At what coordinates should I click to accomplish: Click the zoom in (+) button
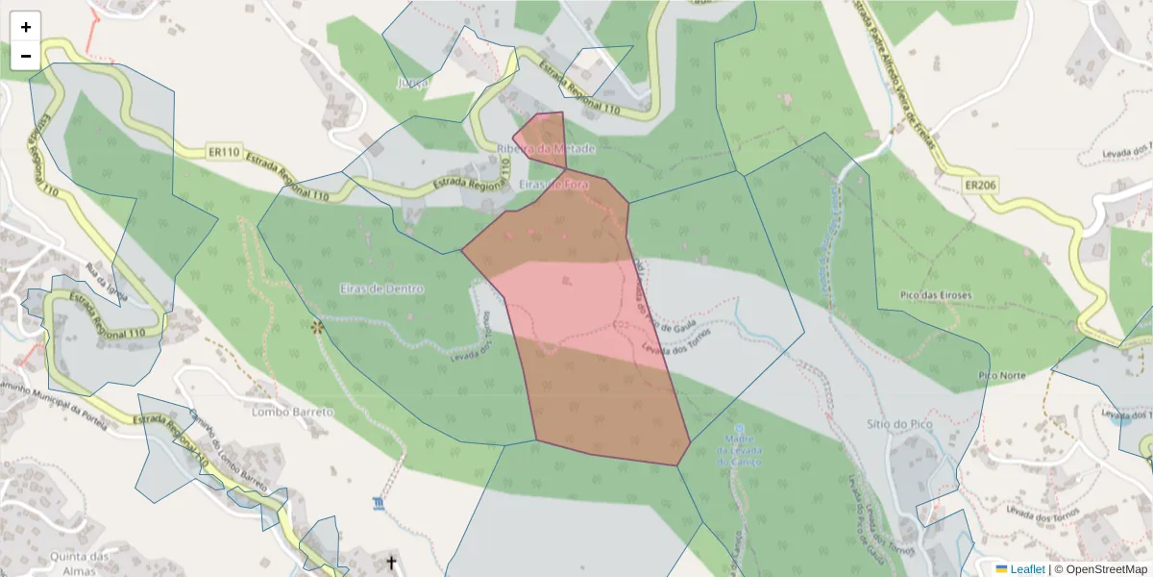(26, 27)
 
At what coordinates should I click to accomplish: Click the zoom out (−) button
(26, 56)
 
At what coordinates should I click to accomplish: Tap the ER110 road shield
(223, 152)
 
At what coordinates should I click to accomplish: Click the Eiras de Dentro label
(381, 288)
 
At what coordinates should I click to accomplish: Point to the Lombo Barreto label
(292, 412)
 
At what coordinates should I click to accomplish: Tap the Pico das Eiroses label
(936, 294)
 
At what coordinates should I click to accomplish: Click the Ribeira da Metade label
(547, 149)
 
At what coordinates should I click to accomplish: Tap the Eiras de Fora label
(553, 183)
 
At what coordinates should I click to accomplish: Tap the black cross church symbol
(391, 561)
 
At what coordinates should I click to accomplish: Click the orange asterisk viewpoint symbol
(317, 327)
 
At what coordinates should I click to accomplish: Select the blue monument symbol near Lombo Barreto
(379, 503)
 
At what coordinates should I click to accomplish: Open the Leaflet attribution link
(1019, 569)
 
